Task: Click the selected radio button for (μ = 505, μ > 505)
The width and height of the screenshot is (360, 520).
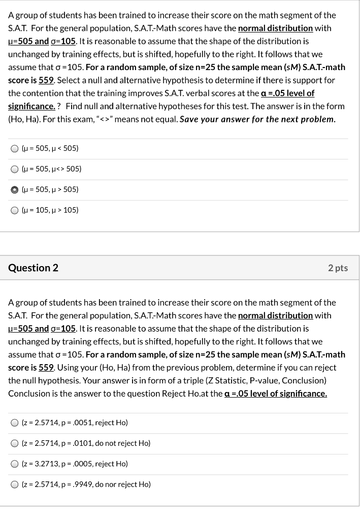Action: point(15,189)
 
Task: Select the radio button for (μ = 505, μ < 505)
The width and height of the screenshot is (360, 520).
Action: point(15,148)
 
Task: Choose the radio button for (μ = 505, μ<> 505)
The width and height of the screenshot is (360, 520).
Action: point(15,169)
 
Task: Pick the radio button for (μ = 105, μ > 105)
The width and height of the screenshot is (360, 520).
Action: point(15,210)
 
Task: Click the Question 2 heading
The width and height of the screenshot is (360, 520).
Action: point(33,268)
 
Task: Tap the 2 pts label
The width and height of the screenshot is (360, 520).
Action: point(338,268)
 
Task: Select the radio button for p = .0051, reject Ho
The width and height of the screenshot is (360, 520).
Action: point(15,422)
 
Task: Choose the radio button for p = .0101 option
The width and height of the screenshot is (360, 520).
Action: point(15,443)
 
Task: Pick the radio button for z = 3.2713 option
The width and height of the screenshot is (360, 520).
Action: point(15,464)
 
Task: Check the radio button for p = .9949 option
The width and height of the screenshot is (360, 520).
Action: point(15,484)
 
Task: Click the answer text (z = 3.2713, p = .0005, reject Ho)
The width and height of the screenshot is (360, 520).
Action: point(75,464)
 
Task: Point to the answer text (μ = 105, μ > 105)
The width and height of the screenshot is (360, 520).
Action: point(50,210)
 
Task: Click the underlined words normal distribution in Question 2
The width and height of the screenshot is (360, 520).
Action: point(275,315)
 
